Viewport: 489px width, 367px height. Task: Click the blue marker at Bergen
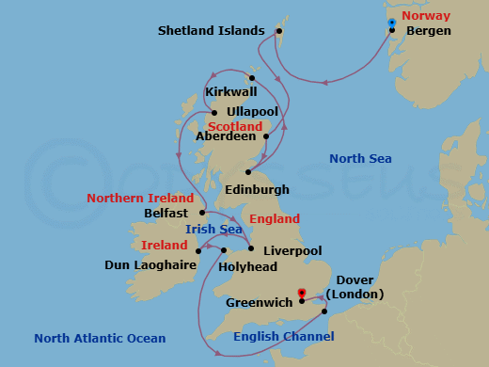[x=391, y=23]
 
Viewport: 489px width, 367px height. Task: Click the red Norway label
[x=425, y=16]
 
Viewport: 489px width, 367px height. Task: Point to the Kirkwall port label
[x=229, y=93]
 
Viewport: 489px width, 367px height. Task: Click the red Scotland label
[x=235, y=126]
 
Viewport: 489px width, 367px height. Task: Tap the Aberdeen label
[x=225, y=136]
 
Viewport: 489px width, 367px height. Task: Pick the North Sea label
[x=360, y=159]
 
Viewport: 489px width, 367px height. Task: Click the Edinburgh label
[x=258, y=189]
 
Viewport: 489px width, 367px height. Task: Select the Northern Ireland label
[x=140, y=199]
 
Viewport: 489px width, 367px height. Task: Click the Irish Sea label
[x=213, y=229]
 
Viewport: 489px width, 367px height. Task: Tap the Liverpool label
[x=292, y=251]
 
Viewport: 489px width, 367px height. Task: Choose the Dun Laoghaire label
[x=150, y=265]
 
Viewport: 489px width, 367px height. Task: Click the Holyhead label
[x=245, y=266]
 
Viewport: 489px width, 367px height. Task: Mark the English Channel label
[x=283, y=336]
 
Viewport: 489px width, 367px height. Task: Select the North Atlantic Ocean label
[x=100, y=338]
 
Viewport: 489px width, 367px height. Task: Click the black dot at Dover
[x=324, y=311]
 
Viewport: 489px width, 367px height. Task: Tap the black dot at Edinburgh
[x=248, y=172]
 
